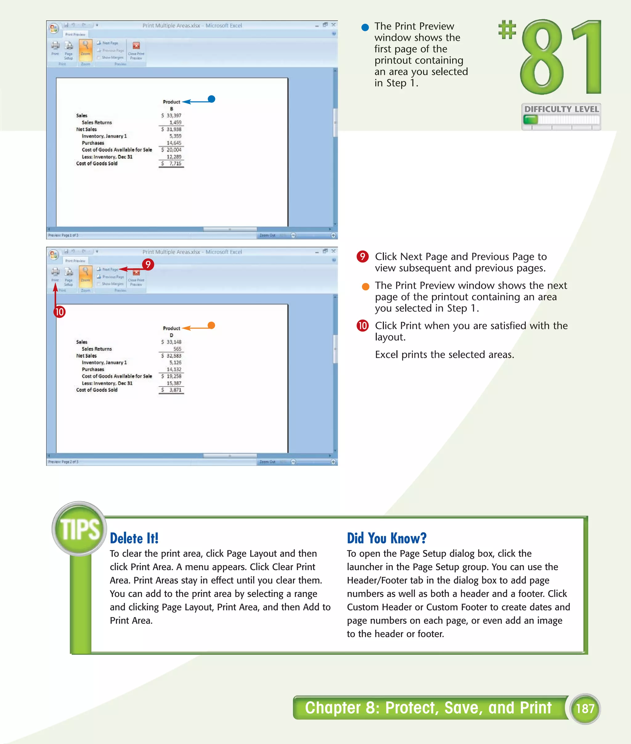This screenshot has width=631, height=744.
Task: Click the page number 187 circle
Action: (x=585, y=708)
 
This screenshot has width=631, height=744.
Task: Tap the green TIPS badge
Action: (x=79, y=529)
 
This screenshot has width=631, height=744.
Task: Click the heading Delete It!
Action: (x=134, y=538)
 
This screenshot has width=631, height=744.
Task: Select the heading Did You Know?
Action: (x=386, y=538)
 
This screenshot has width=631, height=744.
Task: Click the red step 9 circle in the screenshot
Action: (x=148, y=264)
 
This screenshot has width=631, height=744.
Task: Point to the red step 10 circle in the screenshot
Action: (x=59, y=312)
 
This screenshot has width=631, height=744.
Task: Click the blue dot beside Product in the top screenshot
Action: (x=211, y=99)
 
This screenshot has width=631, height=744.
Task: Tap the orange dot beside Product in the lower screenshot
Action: (x=211, y=325)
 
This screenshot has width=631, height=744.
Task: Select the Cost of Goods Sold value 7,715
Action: (x=175, y=164)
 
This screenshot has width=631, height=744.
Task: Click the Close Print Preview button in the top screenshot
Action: (x=136, y=50)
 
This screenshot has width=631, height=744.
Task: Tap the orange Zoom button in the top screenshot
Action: (x=85, y=49)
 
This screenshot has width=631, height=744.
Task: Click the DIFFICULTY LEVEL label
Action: (x=561, y=109)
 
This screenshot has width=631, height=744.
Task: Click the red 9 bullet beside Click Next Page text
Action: (x=362, y=257)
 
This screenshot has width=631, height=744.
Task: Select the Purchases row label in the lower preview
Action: (x=93, y=369)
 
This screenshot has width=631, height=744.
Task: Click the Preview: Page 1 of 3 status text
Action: (x=63, y=235)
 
